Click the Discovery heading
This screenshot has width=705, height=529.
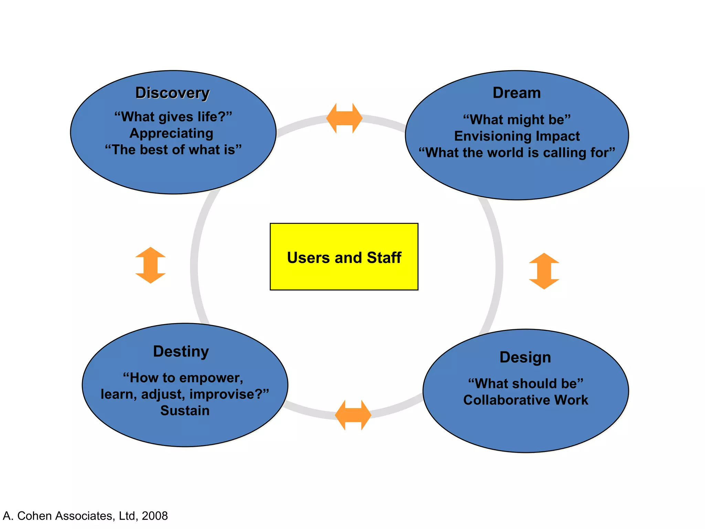coord(172,93)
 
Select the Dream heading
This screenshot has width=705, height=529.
coord(517,93)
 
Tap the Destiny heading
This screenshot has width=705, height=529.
coord(181,352)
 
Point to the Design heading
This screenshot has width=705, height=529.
coord(525,357)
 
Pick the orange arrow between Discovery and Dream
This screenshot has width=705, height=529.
coord(344,118)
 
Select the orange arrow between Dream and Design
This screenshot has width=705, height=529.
coord(544,271)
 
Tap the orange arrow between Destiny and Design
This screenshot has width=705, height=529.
coord(353,415)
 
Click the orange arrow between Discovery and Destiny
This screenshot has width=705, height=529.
coord(150,265)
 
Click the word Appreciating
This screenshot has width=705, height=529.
coord(171,133)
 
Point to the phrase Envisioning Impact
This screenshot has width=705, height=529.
coord(517,136)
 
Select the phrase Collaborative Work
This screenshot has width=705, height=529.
coord(526,400)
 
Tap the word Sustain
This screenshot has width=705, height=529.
coord(185,411)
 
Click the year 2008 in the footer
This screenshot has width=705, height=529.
coord(155,516)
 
